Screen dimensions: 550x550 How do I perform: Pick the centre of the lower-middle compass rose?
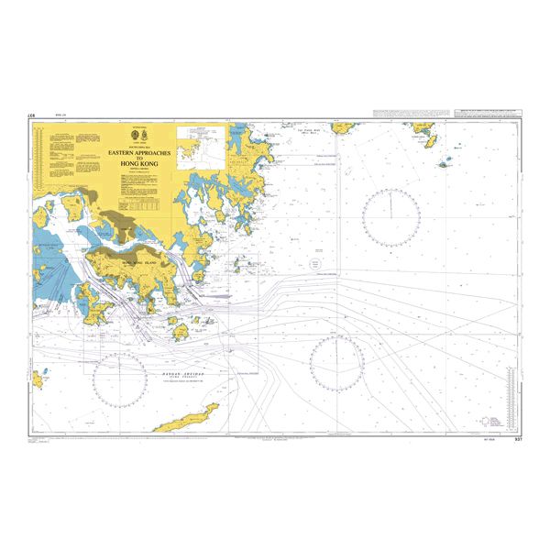[x=336, y=363]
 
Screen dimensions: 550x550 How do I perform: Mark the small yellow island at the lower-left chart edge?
[x=38, y=378]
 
